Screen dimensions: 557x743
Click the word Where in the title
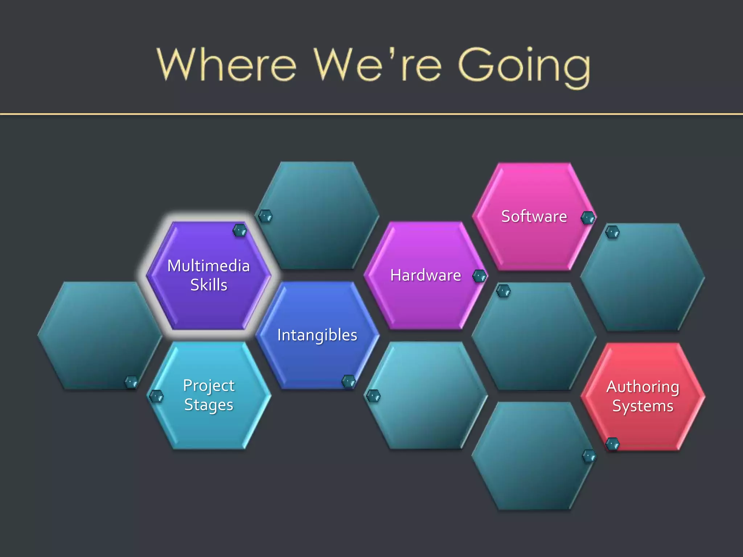(226, 65)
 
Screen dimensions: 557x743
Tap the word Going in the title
(524, 67)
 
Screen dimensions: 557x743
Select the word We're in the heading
(377, 65)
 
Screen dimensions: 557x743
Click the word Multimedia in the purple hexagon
(209, 266)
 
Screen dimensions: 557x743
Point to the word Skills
(209, 285)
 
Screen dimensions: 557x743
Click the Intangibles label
(317, 335)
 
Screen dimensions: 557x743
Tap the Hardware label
(426, 275)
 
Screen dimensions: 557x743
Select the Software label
(534, 216)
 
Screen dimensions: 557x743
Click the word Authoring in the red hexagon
(643, 387)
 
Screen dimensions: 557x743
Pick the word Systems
(643, 406)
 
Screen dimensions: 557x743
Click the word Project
(209, 385)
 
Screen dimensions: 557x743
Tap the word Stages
(209, 405)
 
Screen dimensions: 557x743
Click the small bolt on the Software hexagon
(588, 218)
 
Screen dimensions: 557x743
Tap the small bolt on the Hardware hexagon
(480, 277)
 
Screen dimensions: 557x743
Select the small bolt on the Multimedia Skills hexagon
(240, 230)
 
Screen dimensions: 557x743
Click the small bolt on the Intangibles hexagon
(349, 381)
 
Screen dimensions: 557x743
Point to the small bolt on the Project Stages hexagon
(156, 396)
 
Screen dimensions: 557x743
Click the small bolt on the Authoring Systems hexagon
(613, 444)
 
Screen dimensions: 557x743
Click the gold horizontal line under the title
(371, 114)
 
